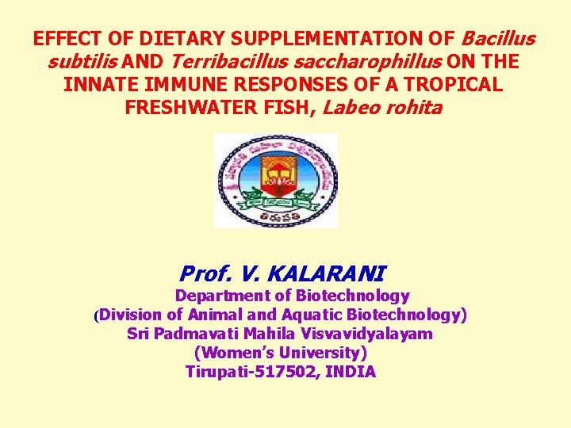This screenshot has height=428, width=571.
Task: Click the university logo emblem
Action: pyautogui.click(x=275, y=181)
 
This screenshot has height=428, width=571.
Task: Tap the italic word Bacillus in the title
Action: pyautogui.click(x=498, y=39)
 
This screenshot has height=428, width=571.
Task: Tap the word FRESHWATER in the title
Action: pyautogui.click(x=216, y=108)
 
